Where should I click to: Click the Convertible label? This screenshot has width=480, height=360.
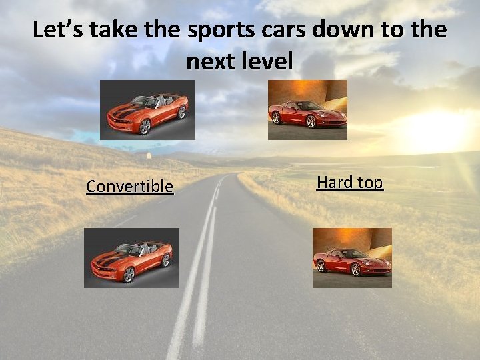(129, 187)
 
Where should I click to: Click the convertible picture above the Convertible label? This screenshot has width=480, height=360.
(147, 109)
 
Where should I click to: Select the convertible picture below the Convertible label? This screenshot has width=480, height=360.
(131, 257)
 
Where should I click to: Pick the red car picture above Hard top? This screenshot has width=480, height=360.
(307, 110)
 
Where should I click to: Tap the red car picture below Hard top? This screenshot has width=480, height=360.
(352, 257)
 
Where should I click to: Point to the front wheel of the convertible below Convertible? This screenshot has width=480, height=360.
(129, 274)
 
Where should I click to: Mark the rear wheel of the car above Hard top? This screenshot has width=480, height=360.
(277, 117)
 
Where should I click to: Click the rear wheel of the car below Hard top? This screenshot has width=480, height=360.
(321, 265)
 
